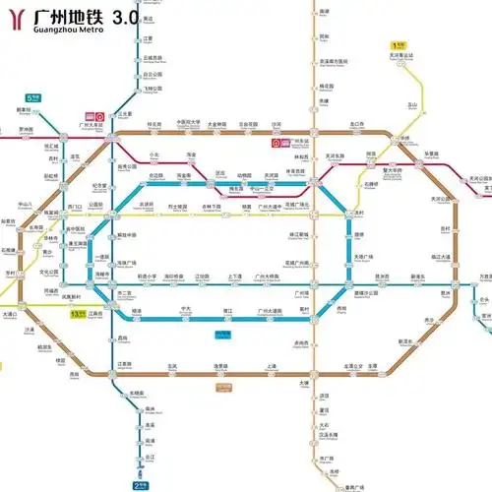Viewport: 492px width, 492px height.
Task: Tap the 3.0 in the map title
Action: (126, 18)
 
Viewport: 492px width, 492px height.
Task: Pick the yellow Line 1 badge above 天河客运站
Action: (399, 44)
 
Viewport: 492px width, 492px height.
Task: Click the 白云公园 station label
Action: (152, 74)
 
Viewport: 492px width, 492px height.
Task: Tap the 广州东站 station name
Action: (292, 143)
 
